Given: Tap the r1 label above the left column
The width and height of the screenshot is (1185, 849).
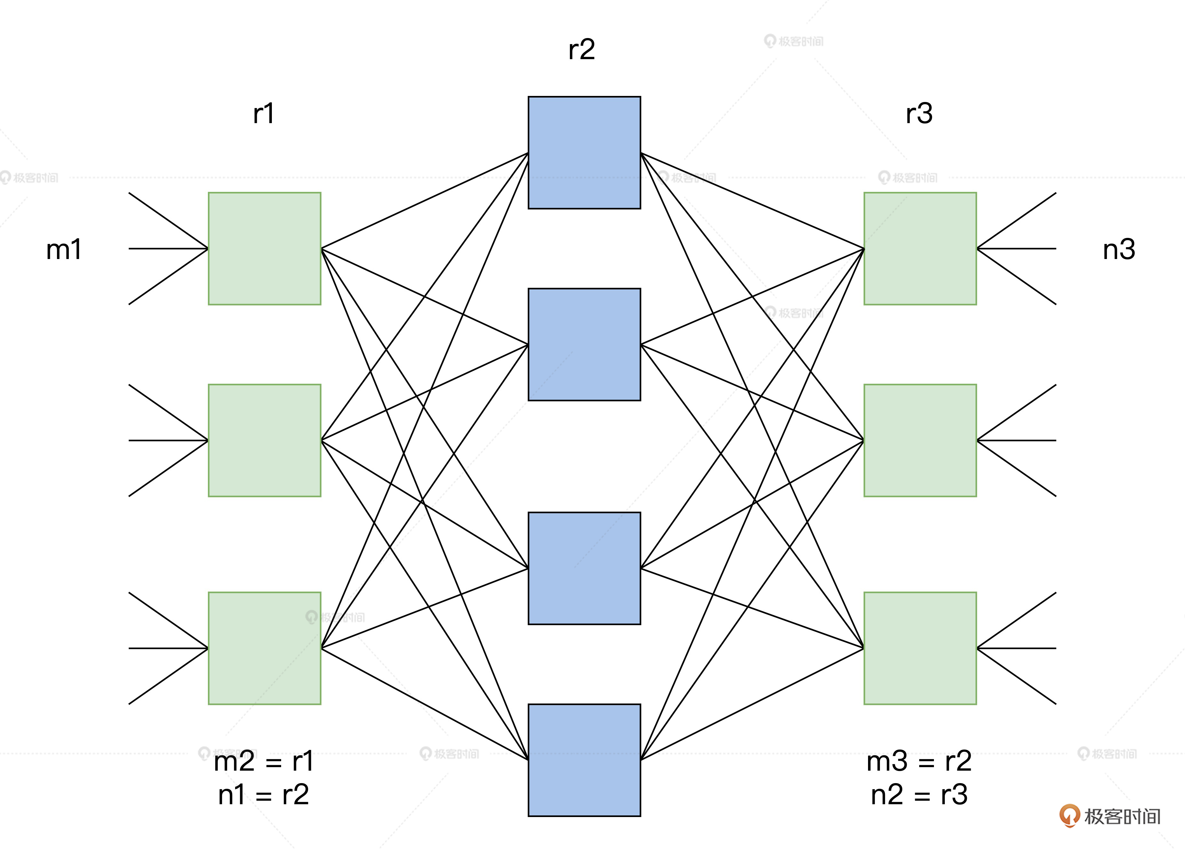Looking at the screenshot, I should click(x=264, y=114).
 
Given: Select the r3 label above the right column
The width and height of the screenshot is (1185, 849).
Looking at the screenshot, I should click(x=919, y=114).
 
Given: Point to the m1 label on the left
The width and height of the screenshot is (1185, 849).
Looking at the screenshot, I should click(x=64, y=250).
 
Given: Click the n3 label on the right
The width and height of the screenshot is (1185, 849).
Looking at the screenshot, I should click(x=1119, y=250).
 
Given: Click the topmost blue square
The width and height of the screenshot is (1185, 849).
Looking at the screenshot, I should click(x=584, y=153).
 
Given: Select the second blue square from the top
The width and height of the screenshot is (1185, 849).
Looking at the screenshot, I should click(x=584, y=344).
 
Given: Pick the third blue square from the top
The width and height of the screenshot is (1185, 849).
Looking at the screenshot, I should click(x=584, y=568).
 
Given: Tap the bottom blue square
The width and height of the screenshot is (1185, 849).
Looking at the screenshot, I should click(x=584, y=760).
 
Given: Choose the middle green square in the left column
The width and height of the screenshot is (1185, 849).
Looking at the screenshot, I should click(x=265, y=440).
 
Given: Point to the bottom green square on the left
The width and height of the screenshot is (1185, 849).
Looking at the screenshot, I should click(x=265, y=648).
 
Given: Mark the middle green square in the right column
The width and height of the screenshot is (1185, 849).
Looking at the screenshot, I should click(x=920, y=440).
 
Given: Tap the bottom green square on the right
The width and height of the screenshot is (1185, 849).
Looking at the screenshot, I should click(x=920, y=648).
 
